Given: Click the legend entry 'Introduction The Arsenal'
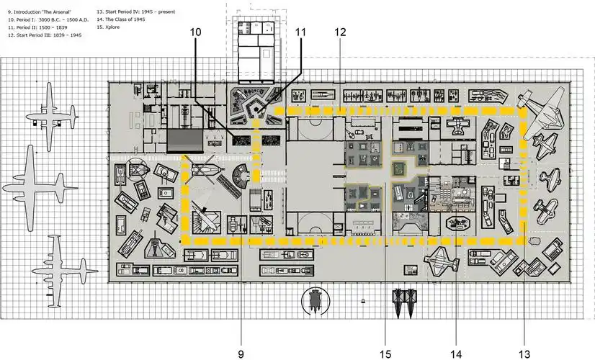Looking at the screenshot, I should coord(40,12).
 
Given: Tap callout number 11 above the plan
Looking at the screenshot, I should coord(300,32).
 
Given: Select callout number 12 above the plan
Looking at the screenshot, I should coord(341,32).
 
